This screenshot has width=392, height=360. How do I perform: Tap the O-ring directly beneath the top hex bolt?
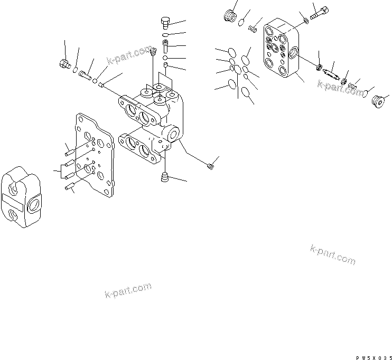click(x=165, y=35)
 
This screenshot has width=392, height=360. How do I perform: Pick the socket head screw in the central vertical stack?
click(x=165, y=46)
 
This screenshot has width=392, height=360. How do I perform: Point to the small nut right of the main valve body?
click(x=211, y=166)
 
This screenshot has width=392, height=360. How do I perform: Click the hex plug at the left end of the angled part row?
click(x=64, y=65)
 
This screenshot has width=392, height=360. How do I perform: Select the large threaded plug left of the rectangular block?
click(x=229, y=17)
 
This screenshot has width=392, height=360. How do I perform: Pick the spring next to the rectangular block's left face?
click(x=253, y=27)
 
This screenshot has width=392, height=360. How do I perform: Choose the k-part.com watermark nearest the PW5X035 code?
click(x=333, y=254)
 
